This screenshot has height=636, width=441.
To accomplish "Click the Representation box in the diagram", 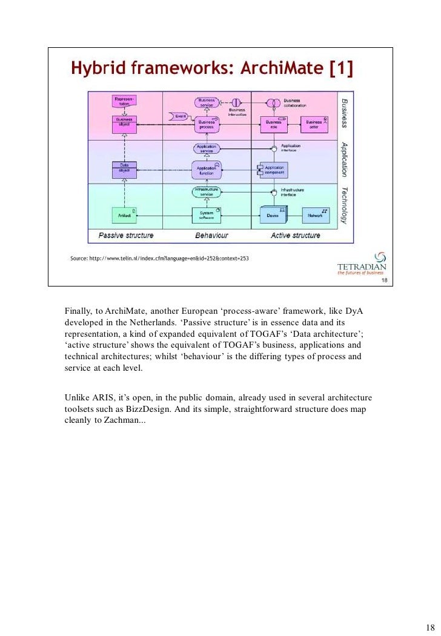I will click(x=123, y=101).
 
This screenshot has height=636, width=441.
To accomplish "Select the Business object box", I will click(x=123, y=122).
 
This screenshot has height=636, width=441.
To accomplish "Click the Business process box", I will click(x=207, y=123).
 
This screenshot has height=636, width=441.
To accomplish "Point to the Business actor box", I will click(x=314, y=123).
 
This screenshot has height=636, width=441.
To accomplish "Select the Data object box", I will click(x=123, y=168).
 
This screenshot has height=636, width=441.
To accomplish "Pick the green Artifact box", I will click(x=123, y=214).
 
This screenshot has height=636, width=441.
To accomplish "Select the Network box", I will click(x=315, y=214).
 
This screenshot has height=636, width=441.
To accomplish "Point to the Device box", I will click(x=273, y=214).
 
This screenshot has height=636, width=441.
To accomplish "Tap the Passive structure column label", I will click(x=126, y=235).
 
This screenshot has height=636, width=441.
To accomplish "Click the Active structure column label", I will click(x=295, y=235).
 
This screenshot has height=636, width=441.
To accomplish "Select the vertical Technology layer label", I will click(x=343, y=205).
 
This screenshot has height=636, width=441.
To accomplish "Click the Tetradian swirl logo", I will click(x=380, y=258).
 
